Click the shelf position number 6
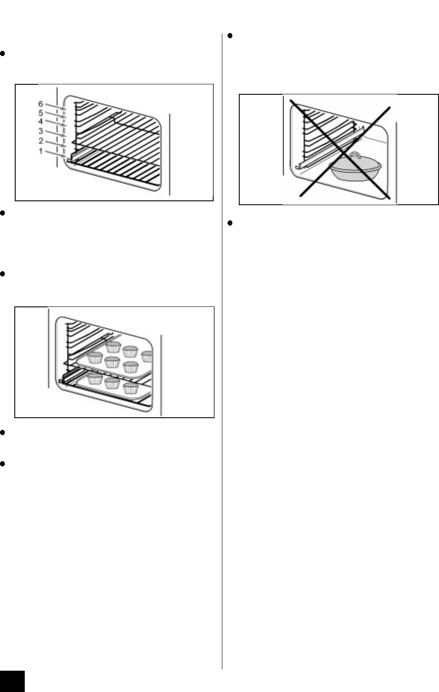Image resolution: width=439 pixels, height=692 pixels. click(41, 103)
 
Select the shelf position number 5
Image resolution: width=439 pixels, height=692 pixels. click(41, 113)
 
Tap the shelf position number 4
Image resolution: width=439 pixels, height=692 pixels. click(41, 121)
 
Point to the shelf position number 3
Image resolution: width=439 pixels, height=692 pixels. click(41, 131)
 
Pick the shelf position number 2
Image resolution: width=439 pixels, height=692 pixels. click(41, 141)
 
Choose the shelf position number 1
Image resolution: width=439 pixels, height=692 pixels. click(41, 151)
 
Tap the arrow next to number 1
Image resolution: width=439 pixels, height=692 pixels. click(56, 154)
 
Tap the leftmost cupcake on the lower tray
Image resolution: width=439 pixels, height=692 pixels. click(95, 378)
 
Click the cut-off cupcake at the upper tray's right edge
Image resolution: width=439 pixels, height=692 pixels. click(148, 356)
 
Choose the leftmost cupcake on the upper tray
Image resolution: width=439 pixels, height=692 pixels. click(95, 358)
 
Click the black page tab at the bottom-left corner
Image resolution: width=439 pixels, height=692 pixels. click(12, 681)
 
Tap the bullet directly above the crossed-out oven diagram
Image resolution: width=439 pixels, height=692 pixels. click(231, 36)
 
